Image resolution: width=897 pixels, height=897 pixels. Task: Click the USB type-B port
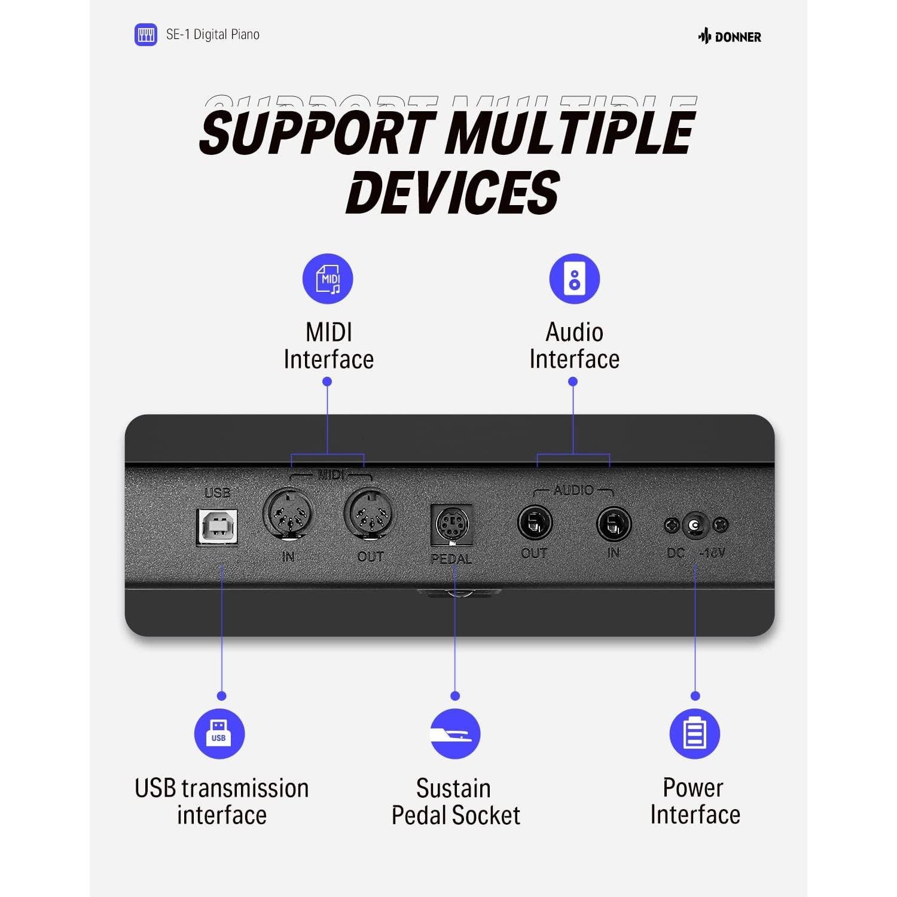[218, 526]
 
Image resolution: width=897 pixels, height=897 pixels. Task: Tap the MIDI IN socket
[288, 512]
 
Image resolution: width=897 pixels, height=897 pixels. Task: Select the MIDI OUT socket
[368, 512]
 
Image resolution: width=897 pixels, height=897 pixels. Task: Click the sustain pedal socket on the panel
[451, 525]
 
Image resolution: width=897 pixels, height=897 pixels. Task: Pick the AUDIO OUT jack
[535, 523]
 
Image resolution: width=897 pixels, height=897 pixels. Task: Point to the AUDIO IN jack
[614, 524]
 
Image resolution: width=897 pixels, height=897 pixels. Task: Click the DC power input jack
[695, 525]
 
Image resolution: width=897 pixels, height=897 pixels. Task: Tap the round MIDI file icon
[328, 279]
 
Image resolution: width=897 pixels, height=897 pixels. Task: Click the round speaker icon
[575, 279]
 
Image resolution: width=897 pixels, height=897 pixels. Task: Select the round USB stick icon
[219, 734]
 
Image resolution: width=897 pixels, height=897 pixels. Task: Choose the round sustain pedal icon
[455, 734]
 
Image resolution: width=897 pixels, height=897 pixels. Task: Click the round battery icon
[695, 734]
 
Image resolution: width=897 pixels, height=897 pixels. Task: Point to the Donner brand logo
[730, 36]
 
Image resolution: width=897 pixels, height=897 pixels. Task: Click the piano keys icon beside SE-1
[146, 35]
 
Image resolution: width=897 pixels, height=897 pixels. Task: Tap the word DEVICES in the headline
[453, 192]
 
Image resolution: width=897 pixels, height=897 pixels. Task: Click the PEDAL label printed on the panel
[451, 559]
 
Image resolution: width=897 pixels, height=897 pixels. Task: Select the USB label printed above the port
[217, 493]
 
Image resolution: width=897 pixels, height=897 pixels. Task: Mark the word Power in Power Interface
[693, 788]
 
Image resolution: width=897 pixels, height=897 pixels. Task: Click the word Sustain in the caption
[453, 789]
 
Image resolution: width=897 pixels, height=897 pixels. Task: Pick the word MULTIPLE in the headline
[571, 132]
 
